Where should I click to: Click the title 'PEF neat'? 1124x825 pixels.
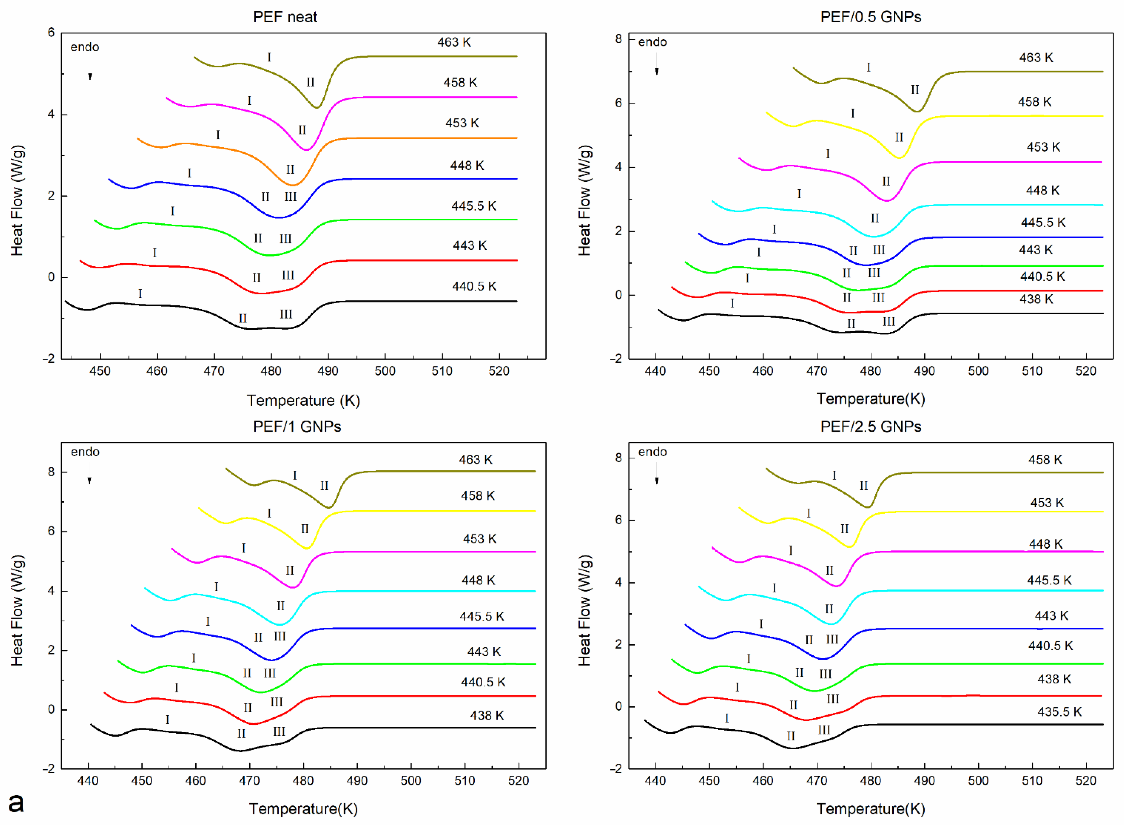[x=285, y=17]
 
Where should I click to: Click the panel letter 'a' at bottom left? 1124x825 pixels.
[x=16, y=802]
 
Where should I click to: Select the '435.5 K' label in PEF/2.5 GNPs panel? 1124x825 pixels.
[x=1059, y=712]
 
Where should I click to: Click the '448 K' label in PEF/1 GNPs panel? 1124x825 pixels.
[x=478, y=580]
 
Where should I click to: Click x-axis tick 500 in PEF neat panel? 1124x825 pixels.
[x=385, y=371]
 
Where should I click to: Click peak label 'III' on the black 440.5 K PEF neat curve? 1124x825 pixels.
[x=286, y=314]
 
